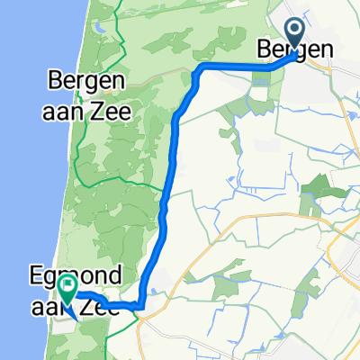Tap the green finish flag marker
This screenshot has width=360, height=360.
[x=67, y=286]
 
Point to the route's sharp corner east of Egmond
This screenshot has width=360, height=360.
[x=141, y=307]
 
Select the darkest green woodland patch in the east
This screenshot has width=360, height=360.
[x=318, y=187]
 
